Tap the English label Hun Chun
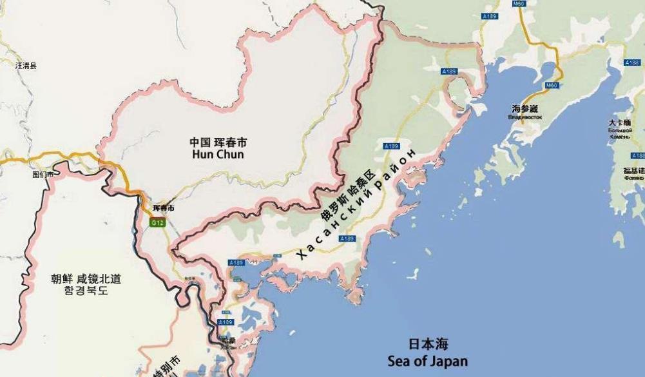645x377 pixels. click(218, 155)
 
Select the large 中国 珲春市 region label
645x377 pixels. click(218, 142)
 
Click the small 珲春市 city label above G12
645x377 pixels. click(163, 208)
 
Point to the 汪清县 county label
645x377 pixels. click(26, 65)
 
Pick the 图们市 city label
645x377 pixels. click(43, 174)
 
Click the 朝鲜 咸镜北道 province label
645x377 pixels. click(86, 279)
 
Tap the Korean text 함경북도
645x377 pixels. click(86, 291)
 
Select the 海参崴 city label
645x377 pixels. click(524, 110)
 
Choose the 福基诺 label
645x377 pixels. click(633, 171)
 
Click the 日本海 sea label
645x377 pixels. click(428, 344)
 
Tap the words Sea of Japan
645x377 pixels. click(428, 360)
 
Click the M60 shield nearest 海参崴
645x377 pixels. click(552, 85)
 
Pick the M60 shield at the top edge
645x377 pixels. click(519, 3)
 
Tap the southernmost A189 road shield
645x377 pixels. click(226, 322)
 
